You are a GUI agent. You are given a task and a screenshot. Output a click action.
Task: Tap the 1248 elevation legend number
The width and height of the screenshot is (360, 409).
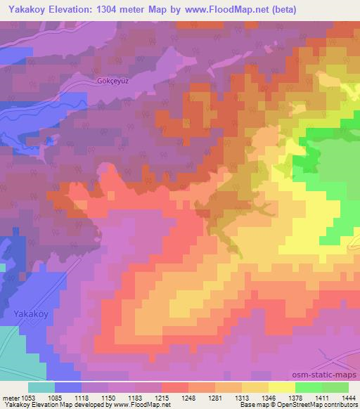(x=188, y=398)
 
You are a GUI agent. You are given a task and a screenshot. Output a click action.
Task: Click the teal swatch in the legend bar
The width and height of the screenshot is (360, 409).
(x=41, y=387)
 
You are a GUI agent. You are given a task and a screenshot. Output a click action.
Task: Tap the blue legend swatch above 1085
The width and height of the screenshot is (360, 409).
(x=68, y=387)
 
